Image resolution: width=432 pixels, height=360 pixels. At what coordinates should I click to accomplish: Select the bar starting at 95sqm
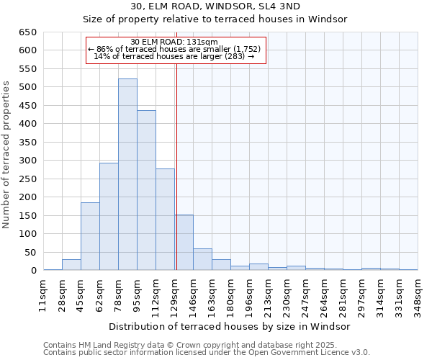(x=146, y=190)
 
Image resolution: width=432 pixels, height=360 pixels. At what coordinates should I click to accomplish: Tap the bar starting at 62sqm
(x=109, y=216)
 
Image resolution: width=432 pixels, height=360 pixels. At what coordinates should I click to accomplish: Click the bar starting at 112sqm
(x=165, y=220)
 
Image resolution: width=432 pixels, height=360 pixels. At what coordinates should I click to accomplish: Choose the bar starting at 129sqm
(x=184, y=243)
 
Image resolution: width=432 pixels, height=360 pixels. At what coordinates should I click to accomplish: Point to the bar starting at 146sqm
(x=202, y=259)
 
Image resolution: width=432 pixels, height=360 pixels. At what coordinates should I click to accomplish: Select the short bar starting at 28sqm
(x=71, y=265)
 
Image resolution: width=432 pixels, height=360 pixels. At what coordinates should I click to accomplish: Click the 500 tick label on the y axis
(x=27, y=87)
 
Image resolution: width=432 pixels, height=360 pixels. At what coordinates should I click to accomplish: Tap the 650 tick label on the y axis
(x=27, y=32)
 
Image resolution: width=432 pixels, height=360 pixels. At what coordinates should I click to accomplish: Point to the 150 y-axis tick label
(x=27, y=215)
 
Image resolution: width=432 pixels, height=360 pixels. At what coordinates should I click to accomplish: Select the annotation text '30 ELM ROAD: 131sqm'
(x=175, y=42)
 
